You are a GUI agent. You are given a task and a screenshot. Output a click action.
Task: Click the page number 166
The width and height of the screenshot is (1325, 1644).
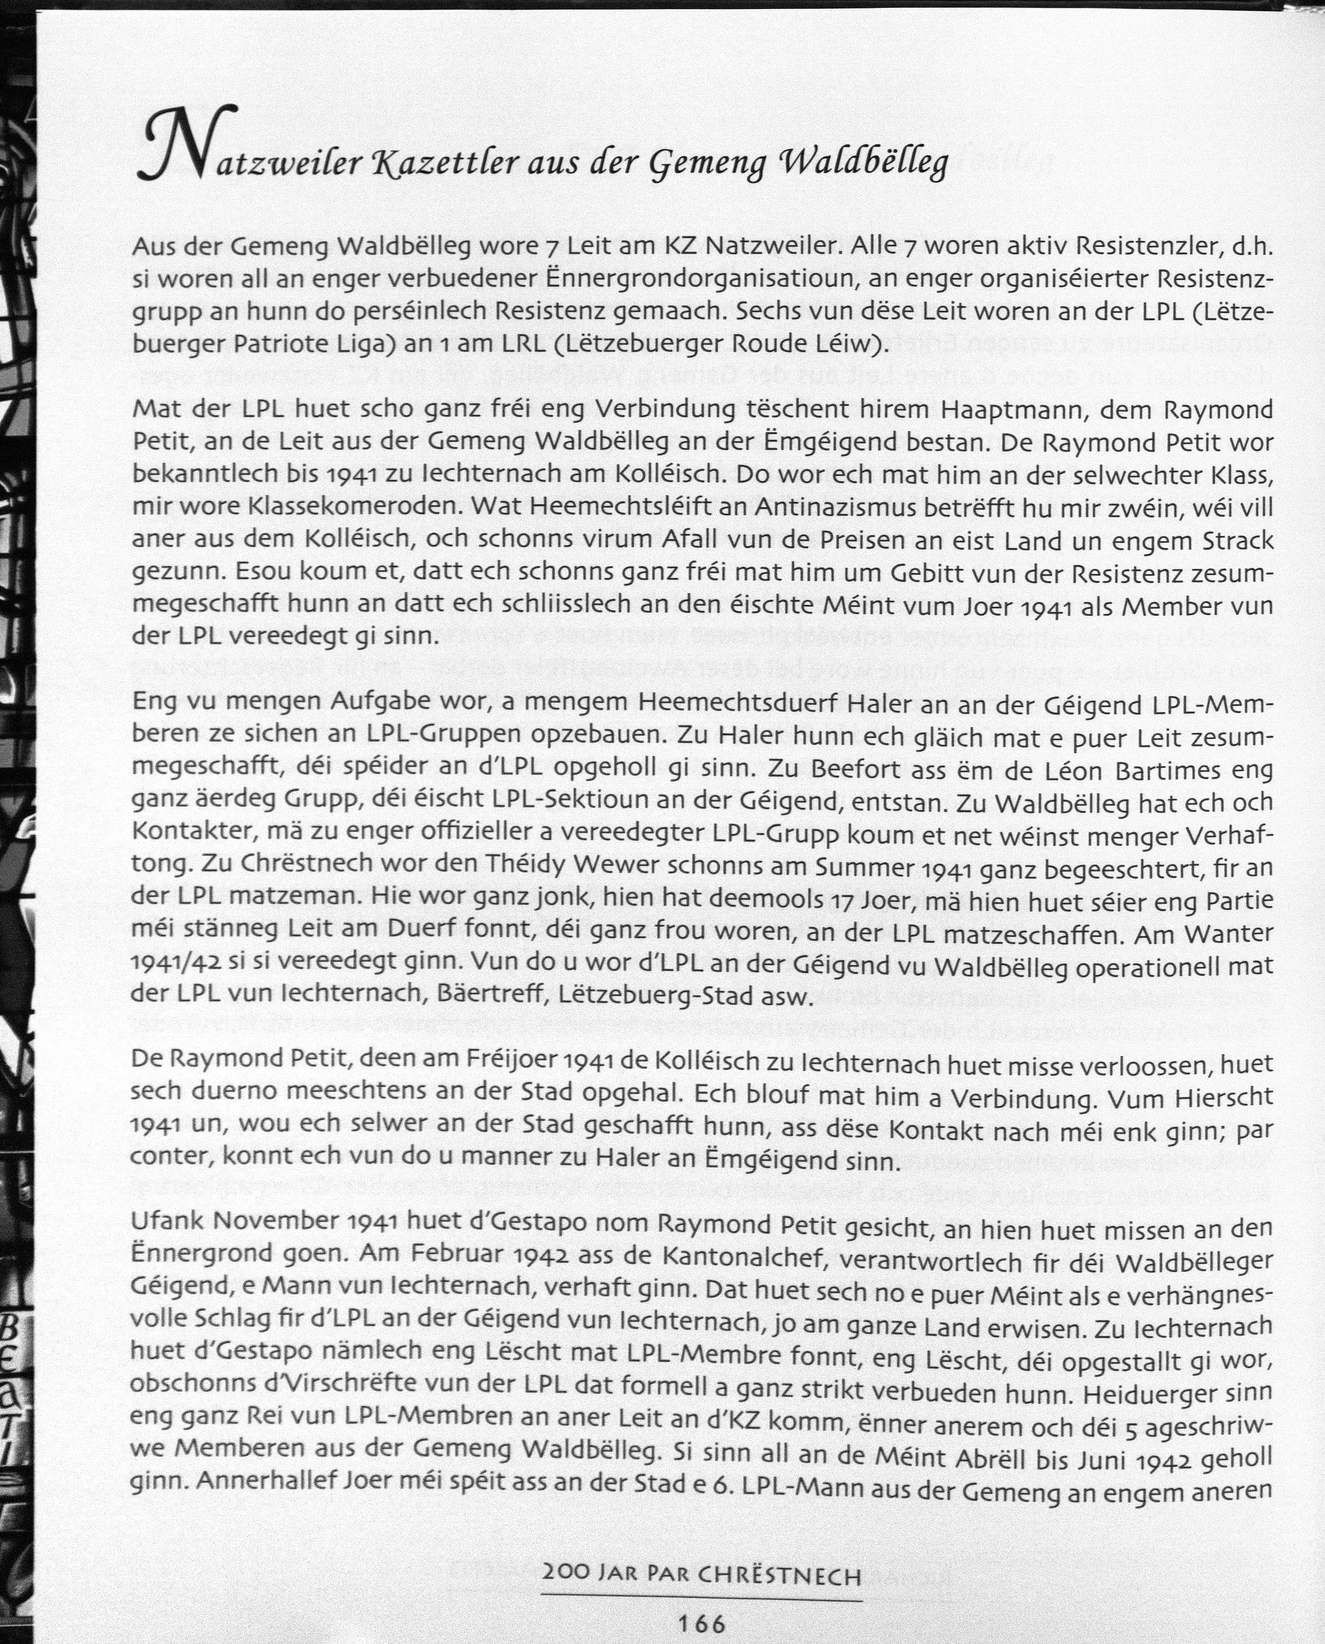click(701, 1623)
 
